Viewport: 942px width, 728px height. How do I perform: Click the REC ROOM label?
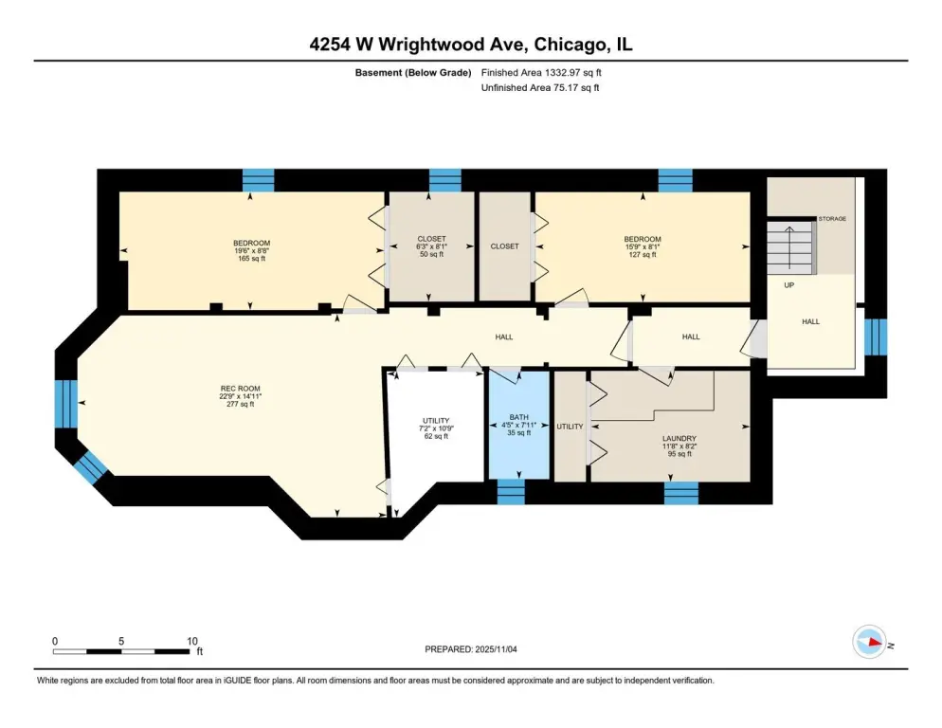[241, 389]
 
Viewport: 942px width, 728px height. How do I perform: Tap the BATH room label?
[519, 416]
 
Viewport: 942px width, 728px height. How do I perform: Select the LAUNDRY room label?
[679, 438]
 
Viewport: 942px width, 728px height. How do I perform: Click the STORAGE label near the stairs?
[832, 219]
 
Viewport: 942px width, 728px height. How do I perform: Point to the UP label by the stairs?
[788, 285]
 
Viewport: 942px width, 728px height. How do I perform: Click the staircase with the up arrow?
[791, 247]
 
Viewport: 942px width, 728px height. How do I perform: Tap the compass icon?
[869, 642]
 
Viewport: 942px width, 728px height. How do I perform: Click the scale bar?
[121, 651]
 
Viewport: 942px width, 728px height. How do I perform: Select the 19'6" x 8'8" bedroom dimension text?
[251, 250]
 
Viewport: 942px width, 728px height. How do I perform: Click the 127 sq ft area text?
[643, 254]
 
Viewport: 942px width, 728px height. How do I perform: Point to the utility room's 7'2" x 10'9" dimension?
[436, 428]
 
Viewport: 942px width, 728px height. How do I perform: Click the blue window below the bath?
[511, 492]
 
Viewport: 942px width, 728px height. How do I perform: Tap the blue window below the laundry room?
[681, 492]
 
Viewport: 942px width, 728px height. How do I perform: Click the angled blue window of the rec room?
[91, 467]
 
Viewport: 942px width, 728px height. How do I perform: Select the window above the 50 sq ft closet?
[445, 180]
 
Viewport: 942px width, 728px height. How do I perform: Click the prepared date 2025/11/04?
[470, 649]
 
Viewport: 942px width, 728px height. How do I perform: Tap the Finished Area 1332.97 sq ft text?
[541, 73]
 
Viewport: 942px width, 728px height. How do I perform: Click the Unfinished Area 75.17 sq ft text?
[540, 88]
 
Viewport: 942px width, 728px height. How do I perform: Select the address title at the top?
[471, 45]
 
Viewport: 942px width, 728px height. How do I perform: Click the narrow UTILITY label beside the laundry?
[570, 427]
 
